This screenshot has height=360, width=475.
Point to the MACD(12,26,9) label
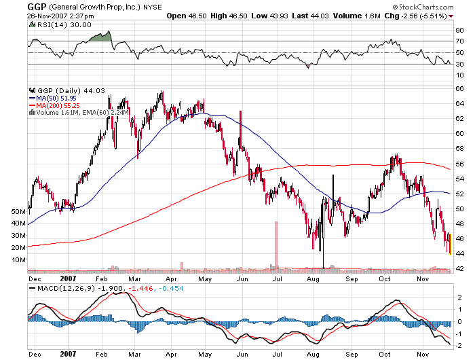60,289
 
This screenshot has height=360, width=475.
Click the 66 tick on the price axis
459,88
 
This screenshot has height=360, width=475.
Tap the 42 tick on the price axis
459,268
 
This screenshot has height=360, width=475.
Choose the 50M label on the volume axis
18,212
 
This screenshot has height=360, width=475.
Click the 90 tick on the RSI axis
459,30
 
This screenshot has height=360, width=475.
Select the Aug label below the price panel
313,278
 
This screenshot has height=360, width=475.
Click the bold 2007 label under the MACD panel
68,353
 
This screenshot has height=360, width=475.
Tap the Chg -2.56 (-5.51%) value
415,15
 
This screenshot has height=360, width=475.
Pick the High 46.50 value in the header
229,15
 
